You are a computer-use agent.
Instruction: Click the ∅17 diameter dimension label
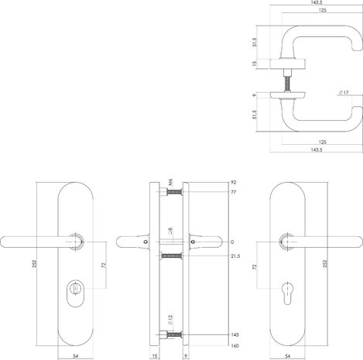pos(344,92)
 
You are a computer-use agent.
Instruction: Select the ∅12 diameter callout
pos(170,320)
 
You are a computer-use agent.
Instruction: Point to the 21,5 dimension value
pos(235,256)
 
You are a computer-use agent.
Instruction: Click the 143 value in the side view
pos(235,334)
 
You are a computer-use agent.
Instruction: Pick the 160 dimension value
pos(235,346)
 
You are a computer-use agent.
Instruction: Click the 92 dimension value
pos(233,183)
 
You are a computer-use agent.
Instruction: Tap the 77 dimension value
pos(233,192)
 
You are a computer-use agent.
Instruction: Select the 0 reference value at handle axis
pos(232,242)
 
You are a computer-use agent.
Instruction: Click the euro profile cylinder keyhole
pos(287,293)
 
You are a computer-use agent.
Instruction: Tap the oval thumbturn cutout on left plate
pos(75,293)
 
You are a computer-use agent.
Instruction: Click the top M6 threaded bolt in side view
pos(174,192)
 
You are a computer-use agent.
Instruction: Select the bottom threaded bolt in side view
pos(174,335)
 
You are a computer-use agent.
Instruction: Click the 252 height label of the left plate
pos(35,264)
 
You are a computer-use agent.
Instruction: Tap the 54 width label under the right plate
pos(288,356)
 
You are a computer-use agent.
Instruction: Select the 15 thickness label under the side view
pos(155,356)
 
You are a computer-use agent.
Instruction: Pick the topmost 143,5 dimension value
pos(317,2)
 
